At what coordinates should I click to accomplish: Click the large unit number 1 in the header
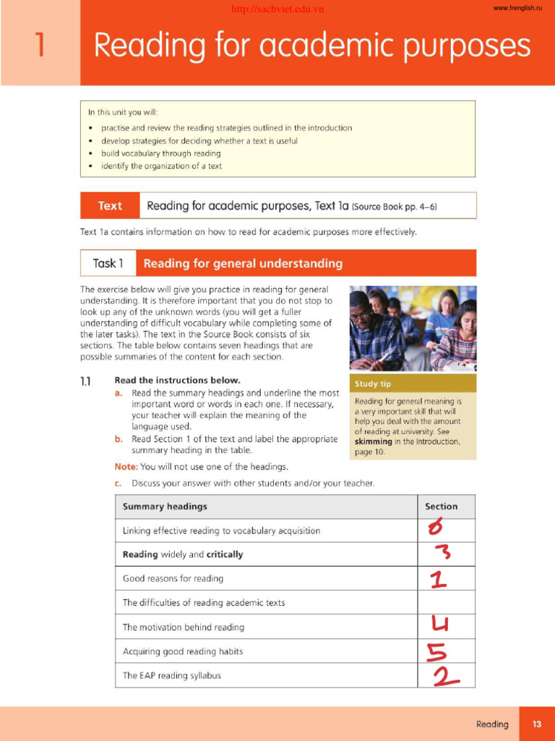tap(40, 45)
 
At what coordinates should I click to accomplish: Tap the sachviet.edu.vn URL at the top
tap(277, 9)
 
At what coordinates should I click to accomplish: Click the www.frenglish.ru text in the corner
tap(517, 8)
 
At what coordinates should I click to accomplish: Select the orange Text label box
tap(110, 206)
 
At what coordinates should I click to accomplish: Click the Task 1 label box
tap(108, 263)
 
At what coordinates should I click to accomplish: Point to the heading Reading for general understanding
tap(243, 263)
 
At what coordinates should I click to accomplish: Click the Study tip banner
tap(413, 384)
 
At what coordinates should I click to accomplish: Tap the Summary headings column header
tap(165, 507)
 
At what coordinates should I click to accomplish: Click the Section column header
tap(441, 507)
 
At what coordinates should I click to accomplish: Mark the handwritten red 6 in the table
tap(435, 529)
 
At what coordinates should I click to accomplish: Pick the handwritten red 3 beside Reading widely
tap(442, 554)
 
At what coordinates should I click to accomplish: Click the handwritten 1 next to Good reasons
tap(438, 578)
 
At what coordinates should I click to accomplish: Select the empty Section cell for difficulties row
tap(446, 602)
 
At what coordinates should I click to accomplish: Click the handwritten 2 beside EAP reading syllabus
tap(446, 676)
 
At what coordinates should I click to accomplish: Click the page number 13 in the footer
tap(537, 724)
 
